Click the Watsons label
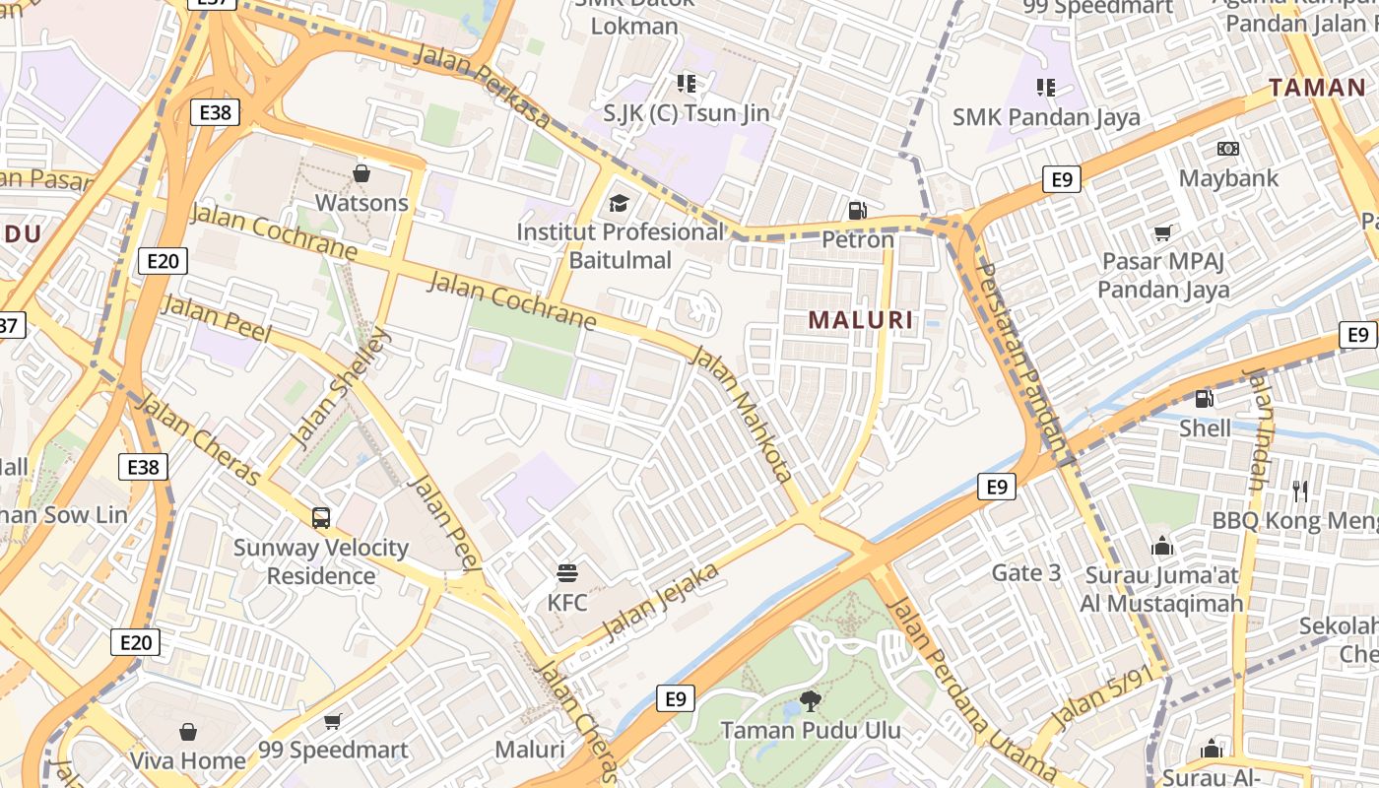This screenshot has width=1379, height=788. click(x=361, y=203)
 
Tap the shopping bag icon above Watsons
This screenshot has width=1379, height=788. click(x=361, y=173)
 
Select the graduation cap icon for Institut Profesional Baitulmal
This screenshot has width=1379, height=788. click(x=619, y=204)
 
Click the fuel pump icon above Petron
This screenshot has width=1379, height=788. click(x=857, y=210)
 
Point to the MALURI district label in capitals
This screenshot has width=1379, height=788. click(x=860, y=320)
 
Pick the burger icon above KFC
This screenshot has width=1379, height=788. click(x=566, y=572)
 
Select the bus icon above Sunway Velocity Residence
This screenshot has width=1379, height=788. click(x=320, y=517)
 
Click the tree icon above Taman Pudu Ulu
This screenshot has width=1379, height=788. click(x=810, y=701)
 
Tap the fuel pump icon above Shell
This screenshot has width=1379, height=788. click(x=1204, y=398)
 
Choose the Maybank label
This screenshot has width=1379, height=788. click(x=1228, y=178)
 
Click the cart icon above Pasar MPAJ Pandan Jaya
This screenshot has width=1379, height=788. click(x=1162, y=233)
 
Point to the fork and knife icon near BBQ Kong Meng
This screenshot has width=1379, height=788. click(x=1300, y=491)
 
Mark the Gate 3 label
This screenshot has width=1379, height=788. click(x=1026, y=572)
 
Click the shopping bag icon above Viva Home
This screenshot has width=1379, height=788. click(x=188, y=732)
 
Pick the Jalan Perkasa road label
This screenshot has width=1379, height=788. click(x=482, y=85)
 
